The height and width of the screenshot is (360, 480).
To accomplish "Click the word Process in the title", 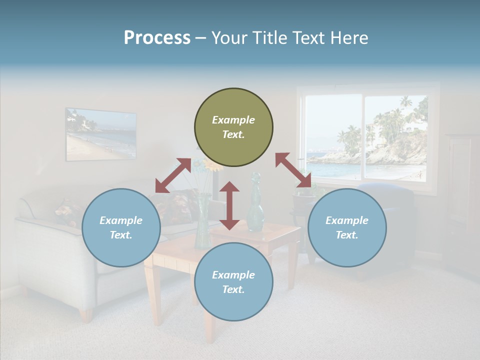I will [x=157, y=38].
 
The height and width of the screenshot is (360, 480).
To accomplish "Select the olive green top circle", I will [x=233, y=127].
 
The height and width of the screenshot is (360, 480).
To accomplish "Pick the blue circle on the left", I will [x=121, y=227].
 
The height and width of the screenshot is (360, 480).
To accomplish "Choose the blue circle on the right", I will [x=347, y=227].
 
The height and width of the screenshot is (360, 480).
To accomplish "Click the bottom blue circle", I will [x=233, y=282].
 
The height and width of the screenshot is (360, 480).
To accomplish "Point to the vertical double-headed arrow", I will [x=229, y=205].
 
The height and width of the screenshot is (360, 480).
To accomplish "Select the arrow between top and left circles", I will [x=173, y=175].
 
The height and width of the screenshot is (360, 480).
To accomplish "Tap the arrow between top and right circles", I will [x=293, y=170].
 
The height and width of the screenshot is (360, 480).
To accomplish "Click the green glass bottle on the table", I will [x=255, y=205].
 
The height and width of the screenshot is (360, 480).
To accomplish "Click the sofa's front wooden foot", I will [x=86, y=315].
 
